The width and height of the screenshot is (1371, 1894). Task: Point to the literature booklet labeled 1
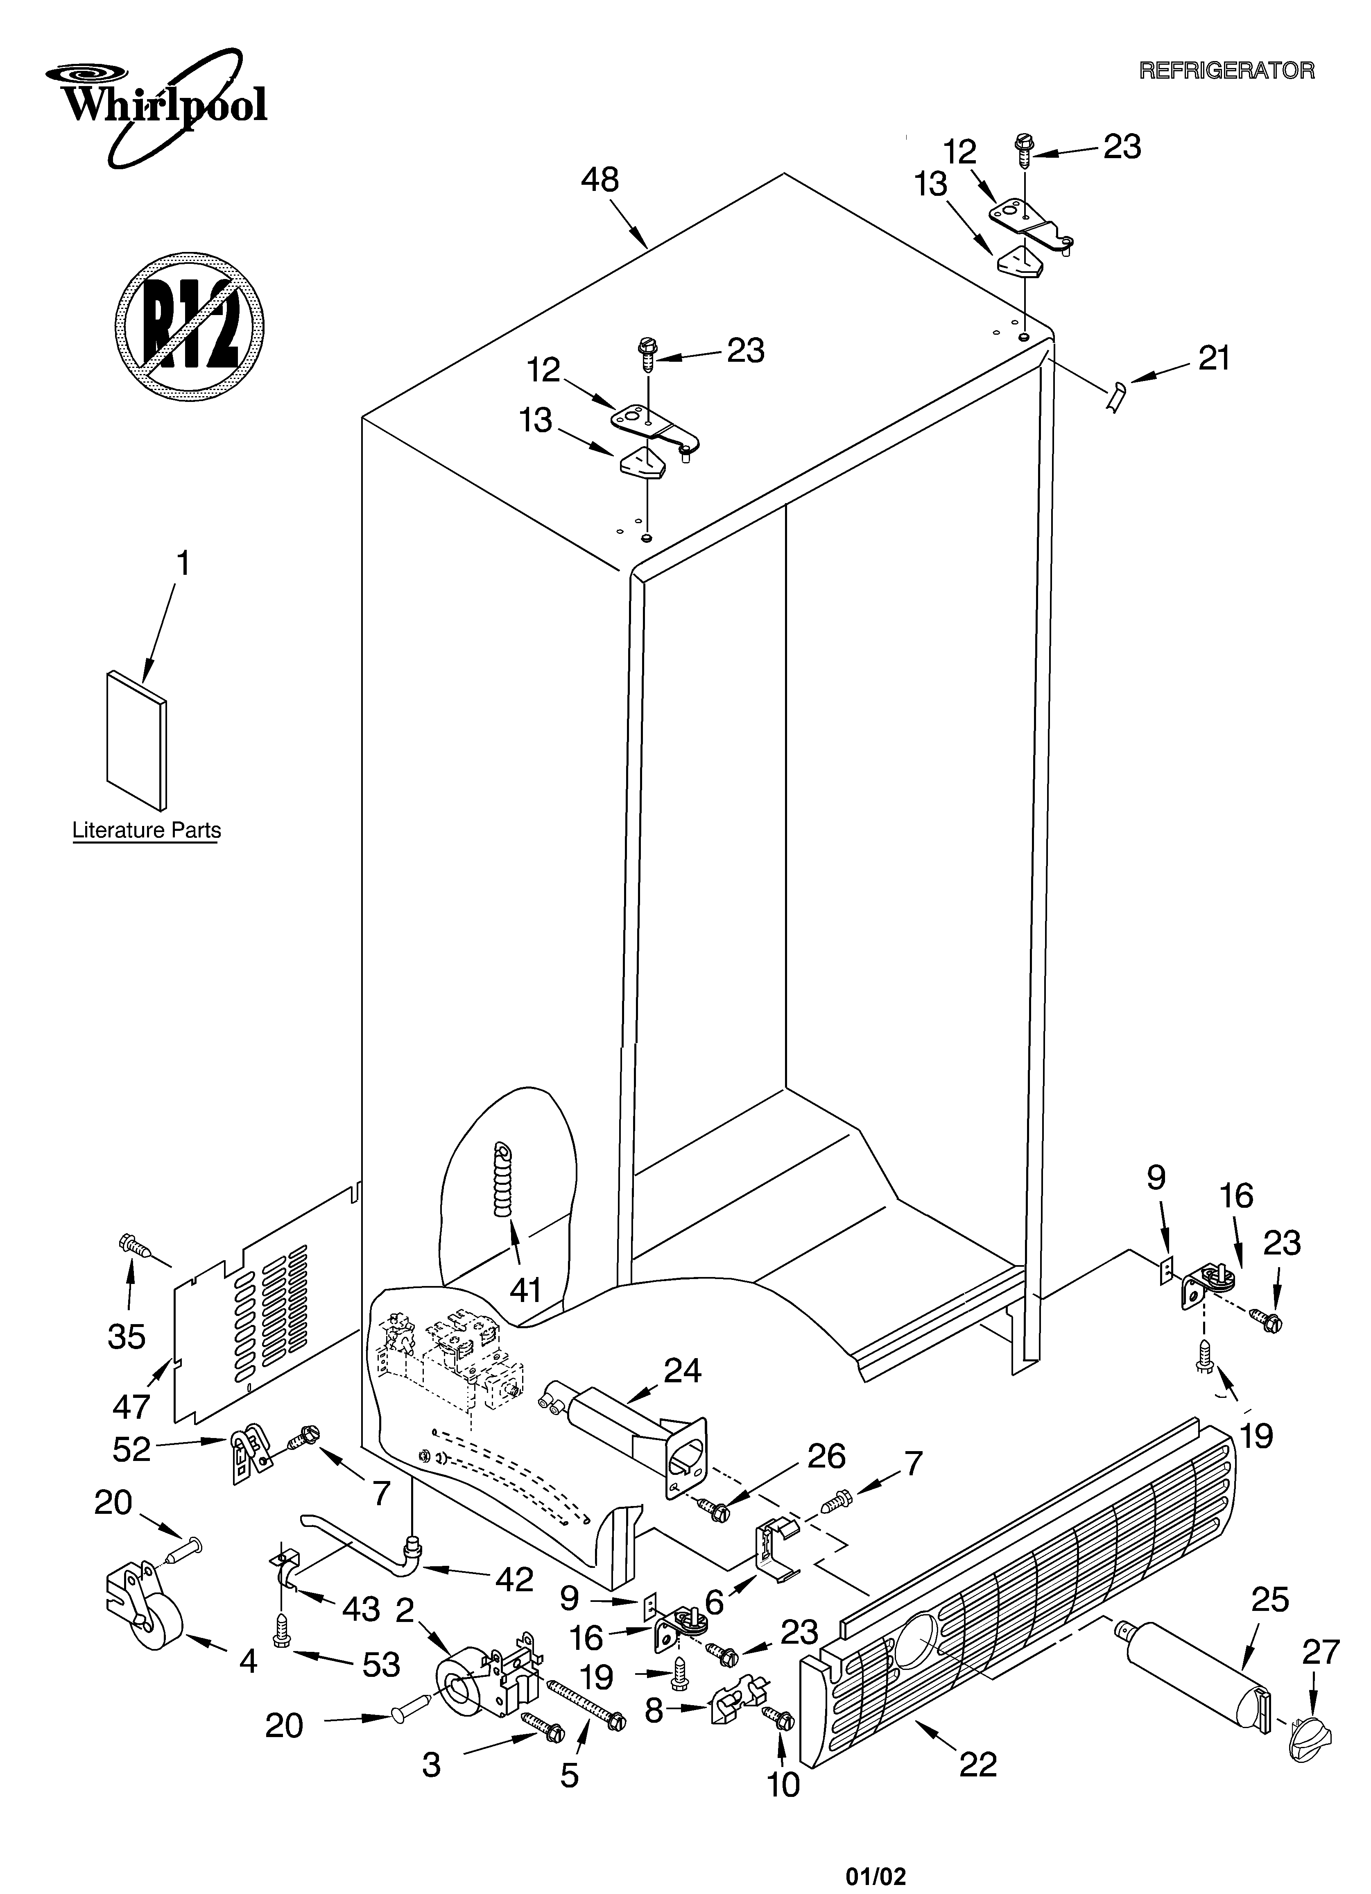(x=136, y=739)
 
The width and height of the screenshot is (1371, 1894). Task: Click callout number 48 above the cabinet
(x=600, y=179)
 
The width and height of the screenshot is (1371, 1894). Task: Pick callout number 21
(x=1214, y=359)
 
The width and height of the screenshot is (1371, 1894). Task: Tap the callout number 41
(x=526, y=1291)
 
